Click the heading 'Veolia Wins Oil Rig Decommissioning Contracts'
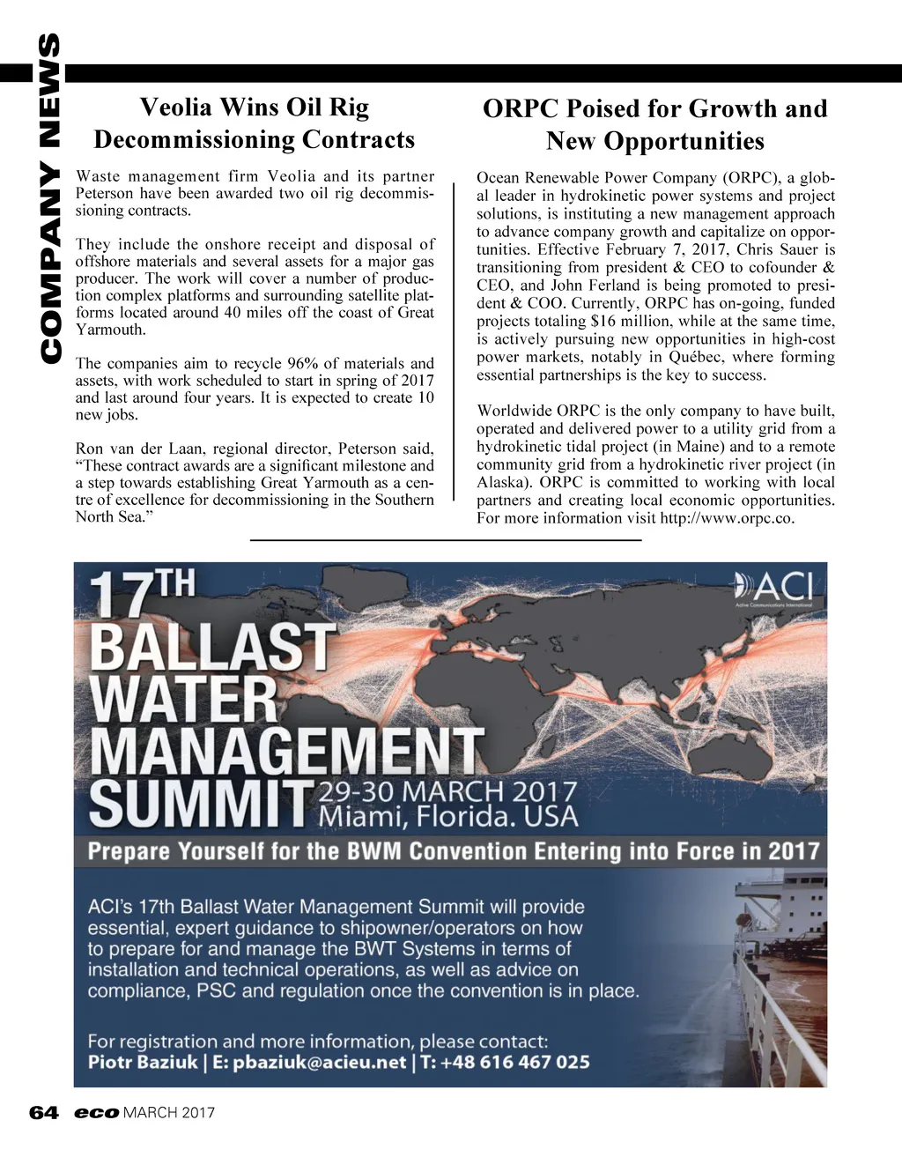[254, 123]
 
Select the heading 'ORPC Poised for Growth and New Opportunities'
[654, 124]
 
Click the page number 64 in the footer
[43, 1113]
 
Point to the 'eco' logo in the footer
[96, 1113]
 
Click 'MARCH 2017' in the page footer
[169, 1113]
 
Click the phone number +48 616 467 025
[515, 1062]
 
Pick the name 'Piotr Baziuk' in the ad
[143, 1062]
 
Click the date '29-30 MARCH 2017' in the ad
[447, 791]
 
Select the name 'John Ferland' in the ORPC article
[593, 286]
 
